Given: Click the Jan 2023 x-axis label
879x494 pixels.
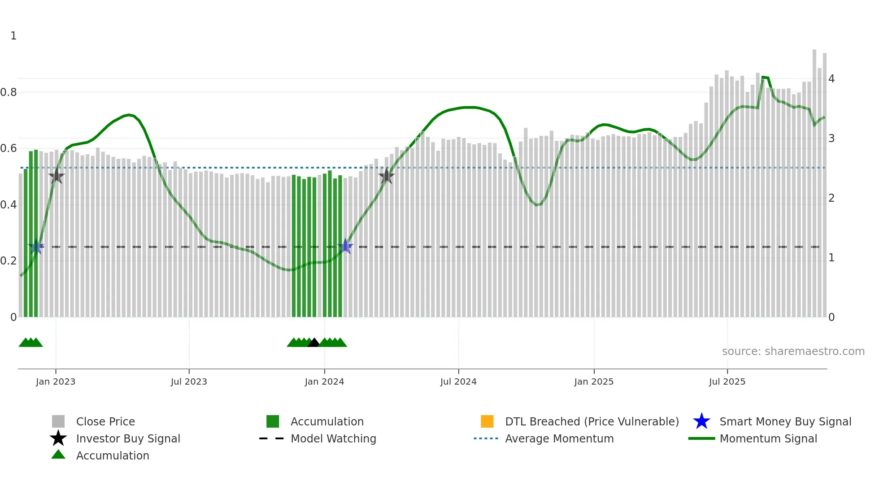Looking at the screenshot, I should tap(56, 381).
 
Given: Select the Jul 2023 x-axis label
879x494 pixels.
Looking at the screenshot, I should tap(189, 381).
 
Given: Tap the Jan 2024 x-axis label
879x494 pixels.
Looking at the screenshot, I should tap(324, 381).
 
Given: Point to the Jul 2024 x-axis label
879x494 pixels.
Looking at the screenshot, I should tap(458, 381).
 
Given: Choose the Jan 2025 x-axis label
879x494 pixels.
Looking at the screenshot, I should tap(594, 381).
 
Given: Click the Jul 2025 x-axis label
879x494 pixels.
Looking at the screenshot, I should tap(727, 381).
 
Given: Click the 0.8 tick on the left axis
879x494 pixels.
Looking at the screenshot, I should tap(9, 92).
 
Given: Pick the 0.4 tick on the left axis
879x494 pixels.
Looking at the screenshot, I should tap(9, 205).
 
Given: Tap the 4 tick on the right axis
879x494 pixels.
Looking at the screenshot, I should tap(831, 79).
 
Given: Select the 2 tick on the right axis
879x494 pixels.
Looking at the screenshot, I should tap(831, 198).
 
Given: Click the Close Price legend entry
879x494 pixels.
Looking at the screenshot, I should tap(105, 421).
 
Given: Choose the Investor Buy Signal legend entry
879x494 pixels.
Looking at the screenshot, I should tap(128, 438).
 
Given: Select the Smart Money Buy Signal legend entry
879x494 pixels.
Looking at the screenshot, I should tap(785, 421).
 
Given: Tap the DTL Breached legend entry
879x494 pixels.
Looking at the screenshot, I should tap(592, 421).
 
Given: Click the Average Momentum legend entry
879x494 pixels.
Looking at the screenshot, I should tap(559, 438).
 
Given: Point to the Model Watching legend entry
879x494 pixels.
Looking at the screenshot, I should tap(333, 438).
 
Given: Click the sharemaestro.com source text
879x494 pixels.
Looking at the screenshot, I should tap(793, 351).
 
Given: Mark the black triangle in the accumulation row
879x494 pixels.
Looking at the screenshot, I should tap(313, 343).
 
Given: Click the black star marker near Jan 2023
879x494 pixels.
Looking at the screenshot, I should tap(57, 176).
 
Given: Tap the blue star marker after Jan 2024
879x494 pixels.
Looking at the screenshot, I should tap(345, 246).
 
